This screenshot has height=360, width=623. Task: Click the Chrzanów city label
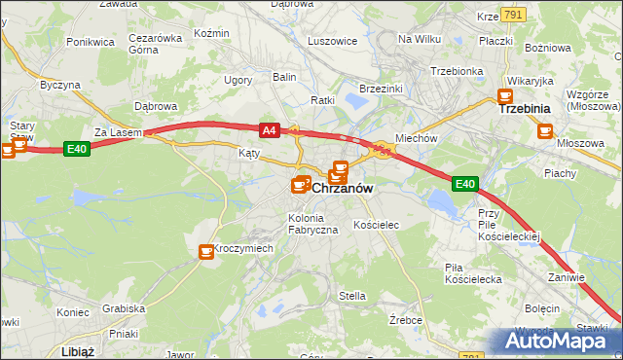(344, 189)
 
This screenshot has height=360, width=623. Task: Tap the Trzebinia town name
(525, 109)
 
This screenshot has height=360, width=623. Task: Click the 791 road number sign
(515, 15)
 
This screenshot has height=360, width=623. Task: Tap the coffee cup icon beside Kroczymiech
(206, 252)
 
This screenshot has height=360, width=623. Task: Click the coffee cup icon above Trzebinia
(505, 96)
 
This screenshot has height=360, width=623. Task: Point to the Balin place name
(284, 76)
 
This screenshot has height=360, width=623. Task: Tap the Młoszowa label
(574, 141)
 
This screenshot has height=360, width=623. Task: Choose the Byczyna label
(59, 85)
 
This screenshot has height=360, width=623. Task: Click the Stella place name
(351, 295)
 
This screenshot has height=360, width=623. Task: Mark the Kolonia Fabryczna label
(312, 223)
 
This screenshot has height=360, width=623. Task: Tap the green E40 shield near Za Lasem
(77, 148)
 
